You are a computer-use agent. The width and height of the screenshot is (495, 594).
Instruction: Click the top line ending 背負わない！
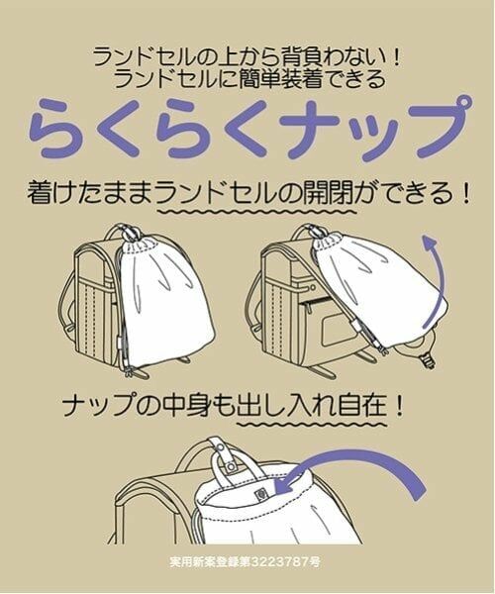[x=247, y=57]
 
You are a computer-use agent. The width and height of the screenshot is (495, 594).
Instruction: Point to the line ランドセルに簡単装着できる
[x=247, y=79]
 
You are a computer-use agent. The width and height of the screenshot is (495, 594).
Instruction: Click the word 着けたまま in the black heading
[x=85, y=192]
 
